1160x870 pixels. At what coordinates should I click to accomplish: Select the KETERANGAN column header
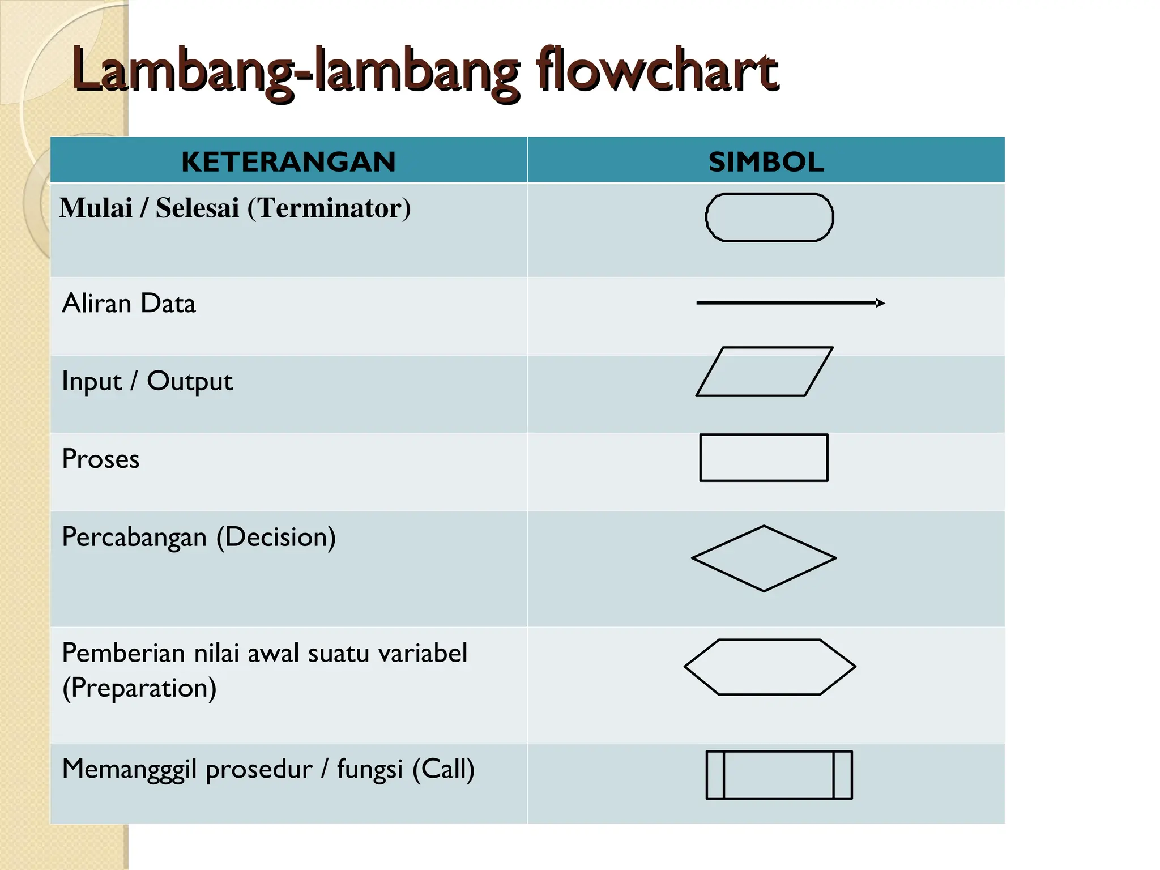(x=288, y=162)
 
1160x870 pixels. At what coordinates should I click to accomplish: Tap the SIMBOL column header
(x=766, y=162)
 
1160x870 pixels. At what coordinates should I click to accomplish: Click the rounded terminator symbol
(x=769, y=217)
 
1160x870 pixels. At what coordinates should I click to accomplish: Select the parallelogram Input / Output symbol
(x=764, y=372)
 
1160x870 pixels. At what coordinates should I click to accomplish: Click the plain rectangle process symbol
(x=764, y=458)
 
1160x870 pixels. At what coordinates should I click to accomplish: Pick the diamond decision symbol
(x=764, y=558)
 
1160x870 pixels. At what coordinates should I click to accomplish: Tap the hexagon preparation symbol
(x=770, y=667)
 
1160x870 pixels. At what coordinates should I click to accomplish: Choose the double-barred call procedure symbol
(x=779, y=775)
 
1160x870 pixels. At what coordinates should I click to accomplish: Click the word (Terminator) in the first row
(x=329, y=208)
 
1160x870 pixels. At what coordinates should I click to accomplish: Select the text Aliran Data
(x=129, y=304)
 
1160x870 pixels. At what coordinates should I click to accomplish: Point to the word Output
(x=190, y=382)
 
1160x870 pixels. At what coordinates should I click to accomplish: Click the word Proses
(x=101, y=459)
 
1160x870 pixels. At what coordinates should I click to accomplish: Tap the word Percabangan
(x=134, y=537)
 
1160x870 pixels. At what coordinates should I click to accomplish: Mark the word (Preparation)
(x=139, y=688)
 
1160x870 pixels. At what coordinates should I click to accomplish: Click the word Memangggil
(x=130, y=770)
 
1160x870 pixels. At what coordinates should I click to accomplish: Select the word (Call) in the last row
(x=443, y=769)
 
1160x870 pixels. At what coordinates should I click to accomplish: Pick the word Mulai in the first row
(x=96, y=208)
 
